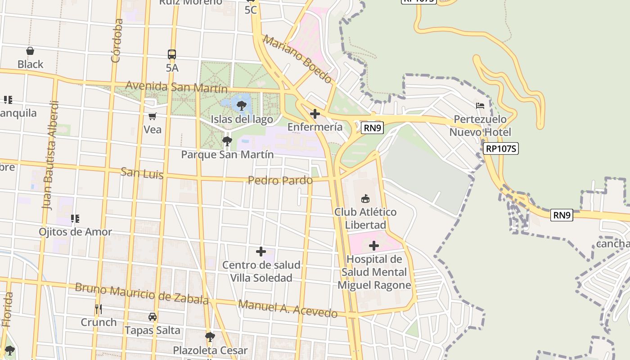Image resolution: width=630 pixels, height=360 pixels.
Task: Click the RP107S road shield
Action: pos(501,148)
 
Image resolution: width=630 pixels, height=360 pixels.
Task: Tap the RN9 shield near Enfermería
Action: pos(372,128)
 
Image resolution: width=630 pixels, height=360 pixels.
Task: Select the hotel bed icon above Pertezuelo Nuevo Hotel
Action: pos(480,106)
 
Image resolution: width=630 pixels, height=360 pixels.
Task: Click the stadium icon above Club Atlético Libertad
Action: pos(365,198)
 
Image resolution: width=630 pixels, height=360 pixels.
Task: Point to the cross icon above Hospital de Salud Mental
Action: pos(373,246)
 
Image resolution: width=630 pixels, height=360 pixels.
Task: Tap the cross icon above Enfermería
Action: pos(315,113)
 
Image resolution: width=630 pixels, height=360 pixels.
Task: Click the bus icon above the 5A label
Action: pos(172,54)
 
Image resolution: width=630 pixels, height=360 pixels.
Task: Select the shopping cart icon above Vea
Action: pos(153,117)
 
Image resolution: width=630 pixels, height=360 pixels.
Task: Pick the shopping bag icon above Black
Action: pos(30,51)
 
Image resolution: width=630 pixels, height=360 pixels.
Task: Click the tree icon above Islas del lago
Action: pos(242,106)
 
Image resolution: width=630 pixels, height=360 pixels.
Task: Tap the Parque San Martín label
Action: pos(227,154)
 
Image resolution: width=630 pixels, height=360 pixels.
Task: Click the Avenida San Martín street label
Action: pos(176,87)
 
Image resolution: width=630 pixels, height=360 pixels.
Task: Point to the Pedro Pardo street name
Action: pos(280,180)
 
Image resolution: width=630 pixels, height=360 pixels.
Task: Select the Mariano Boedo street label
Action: pos(297,59)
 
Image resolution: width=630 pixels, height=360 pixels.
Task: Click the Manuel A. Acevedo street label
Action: pos(288,309)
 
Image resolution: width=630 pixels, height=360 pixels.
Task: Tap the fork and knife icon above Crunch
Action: pos(99,309)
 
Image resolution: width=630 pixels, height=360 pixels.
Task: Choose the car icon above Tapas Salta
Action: pos(153,317)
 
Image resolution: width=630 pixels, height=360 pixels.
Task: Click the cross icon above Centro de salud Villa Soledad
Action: pos(261,252)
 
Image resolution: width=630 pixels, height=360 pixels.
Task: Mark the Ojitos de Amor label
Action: pos(75,232)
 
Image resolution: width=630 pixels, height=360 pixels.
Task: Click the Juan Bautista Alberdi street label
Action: pos(50,155)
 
